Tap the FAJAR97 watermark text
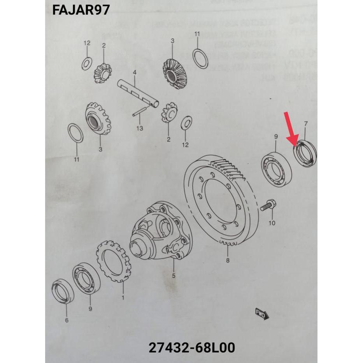[81, 10]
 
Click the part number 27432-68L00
[192, 347]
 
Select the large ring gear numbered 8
[221, 198]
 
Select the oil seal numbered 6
[63, 291]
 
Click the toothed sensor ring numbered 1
[113, 261]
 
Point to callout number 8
[228, 260]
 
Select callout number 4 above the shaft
[134, 73]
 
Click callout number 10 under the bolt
[272, 223]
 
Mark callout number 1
[123, 298]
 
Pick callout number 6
[67, 320]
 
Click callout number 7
[306, 124]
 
